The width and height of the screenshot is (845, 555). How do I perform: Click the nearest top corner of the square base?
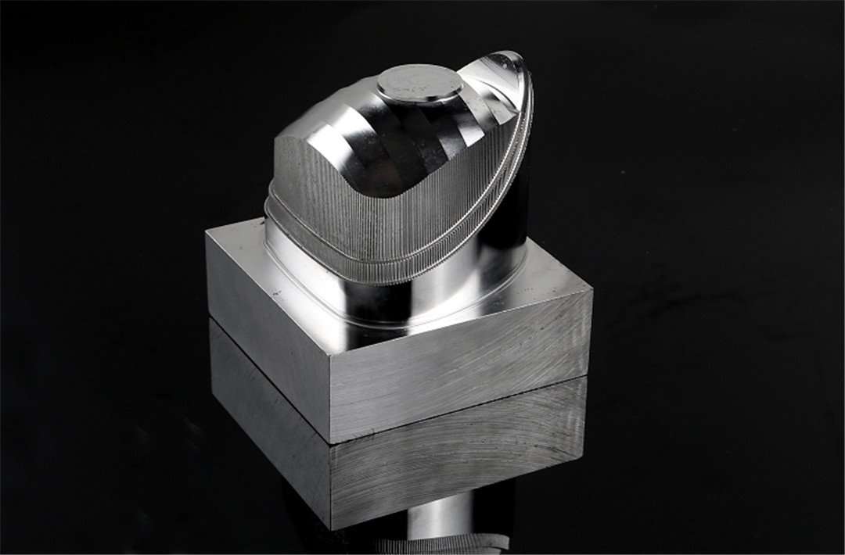click(x=331, y=355)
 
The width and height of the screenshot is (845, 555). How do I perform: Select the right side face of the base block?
click(x=462, y=367)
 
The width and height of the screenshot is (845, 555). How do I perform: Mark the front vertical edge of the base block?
click(x=332, y=399)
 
